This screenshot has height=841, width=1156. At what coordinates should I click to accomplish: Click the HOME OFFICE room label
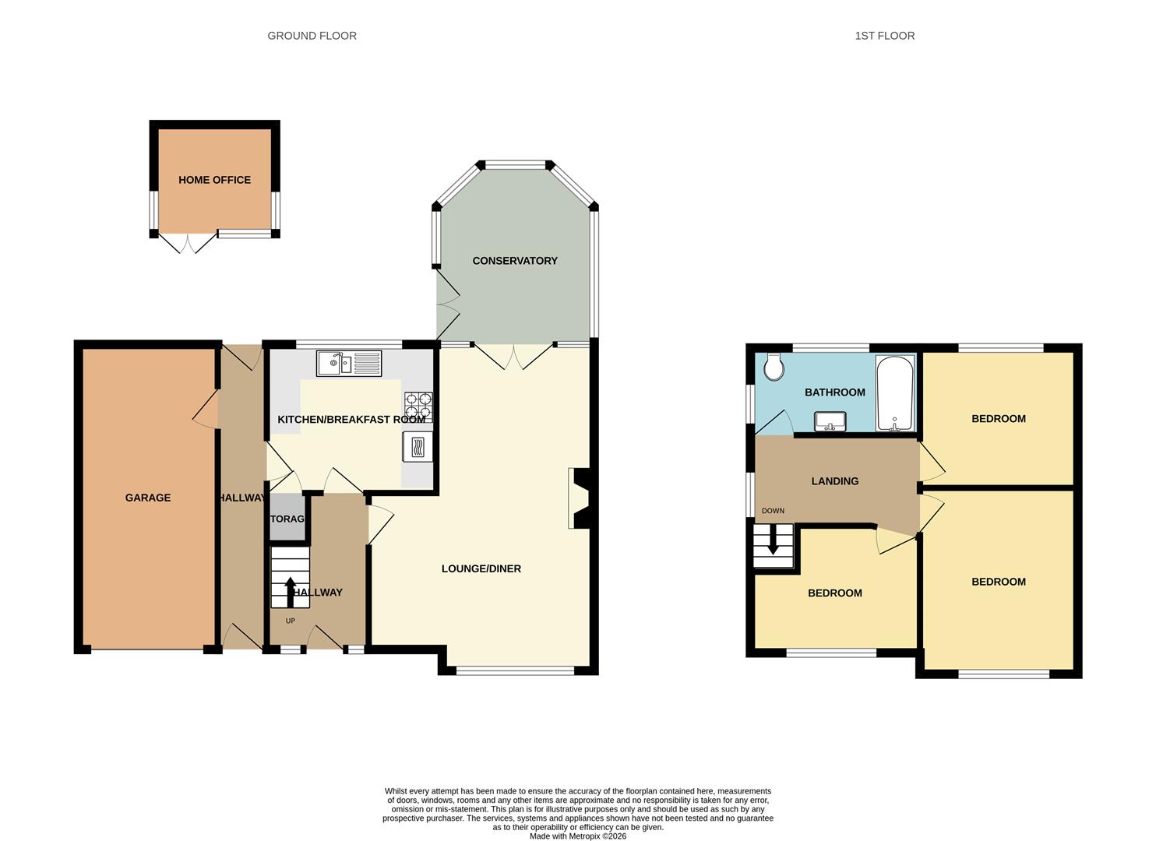(214, 180)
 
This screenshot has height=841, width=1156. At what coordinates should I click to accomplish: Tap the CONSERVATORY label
(515, 261)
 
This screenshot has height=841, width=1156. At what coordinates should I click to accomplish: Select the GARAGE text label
(148, 498)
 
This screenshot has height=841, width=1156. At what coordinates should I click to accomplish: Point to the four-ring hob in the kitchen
(418, 406)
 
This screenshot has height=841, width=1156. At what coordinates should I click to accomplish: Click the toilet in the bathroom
(774, 367)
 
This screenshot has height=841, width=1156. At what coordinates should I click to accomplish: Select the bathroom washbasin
(830, 421)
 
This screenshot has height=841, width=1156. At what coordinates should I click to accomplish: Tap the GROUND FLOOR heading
(312, 36)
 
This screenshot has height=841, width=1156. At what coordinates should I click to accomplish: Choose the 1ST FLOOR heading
(885, 36)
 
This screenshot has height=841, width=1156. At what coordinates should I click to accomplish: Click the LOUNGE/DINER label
(481, 568)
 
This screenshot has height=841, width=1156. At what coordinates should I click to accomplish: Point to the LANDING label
(835, 481)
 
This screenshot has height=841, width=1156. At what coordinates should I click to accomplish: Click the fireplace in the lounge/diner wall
(579, 498)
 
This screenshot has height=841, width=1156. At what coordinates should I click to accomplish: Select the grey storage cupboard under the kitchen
(287, 518)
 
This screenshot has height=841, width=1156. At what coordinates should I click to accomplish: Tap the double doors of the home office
(187, 242)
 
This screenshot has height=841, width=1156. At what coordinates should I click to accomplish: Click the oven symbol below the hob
(418, 448)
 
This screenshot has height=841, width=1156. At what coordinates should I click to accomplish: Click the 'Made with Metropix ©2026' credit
(577, 836)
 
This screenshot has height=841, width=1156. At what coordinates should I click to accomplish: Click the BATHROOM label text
(835, 392)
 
